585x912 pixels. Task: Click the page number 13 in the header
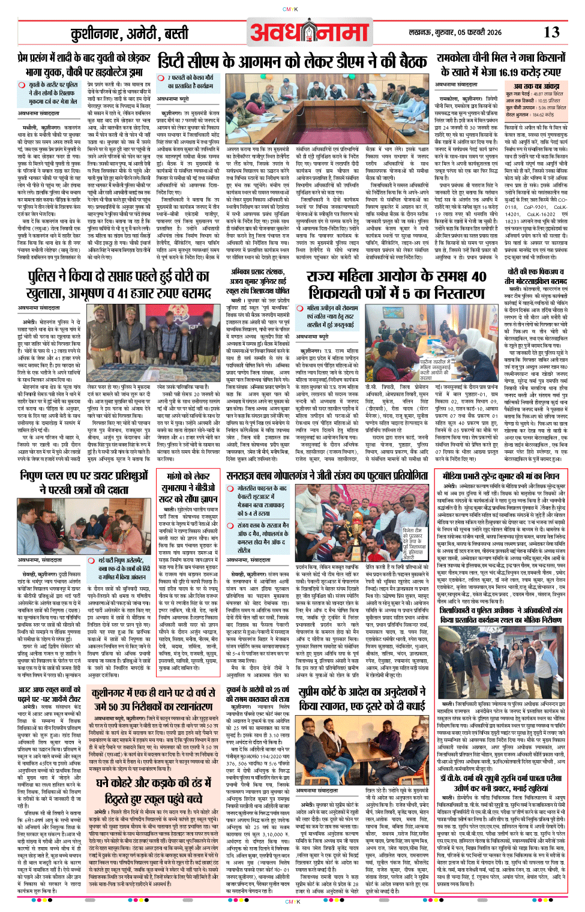[551, 32]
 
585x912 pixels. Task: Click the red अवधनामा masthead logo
[310, 33]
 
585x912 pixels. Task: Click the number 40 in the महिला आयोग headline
[479, 277]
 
